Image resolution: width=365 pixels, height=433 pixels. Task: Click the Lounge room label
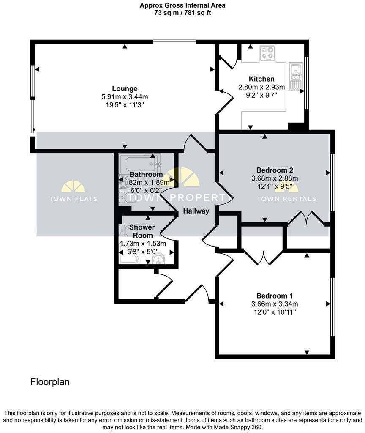pos(125,89)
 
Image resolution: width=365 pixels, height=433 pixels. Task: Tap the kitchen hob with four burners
pos(267,53)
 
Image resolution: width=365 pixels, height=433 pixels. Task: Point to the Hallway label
pos(196,211)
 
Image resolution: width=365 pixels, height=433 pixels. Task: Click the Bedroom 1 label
pos(274,296)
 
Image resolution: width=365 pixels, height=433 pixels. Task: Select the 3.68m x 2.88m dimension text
pos(274,178)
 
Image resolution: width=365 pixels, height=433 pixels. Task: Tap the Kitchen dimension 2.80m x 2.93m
pos(261,87)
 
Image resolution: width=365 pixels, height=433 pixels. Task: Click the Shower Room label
pos(142,231)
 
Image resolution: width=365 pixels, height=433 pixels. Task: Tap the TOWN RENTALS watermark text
pos(286,199)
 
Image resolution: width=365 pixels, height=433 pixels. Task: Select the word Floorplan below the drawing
pos(50,382)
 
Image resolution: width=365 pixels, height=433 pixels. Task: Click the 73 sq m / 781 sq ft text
pos(182,13)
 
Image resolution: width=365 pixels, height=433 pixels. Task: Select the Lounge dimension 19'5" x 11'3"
pos(125,104)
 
